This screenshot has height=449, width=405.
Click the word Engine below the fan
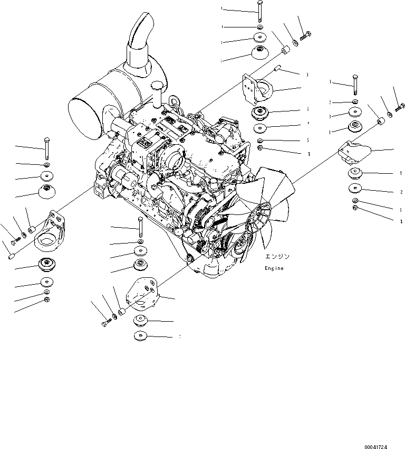(x=274, y=268)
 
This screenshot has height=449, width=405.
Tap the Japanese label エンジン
(x=277, y=257)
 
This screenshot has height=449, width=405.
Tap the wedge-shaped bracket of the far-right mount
(x=355, y=153)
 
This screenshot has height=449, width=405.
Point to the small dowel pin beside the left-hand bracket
(x=12, y=256)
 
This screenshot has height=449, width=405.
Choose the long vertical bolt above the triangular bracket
(x=140, y=227)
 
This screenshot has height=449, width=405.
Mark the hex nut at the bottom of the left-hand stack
(x=47, y=300)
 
